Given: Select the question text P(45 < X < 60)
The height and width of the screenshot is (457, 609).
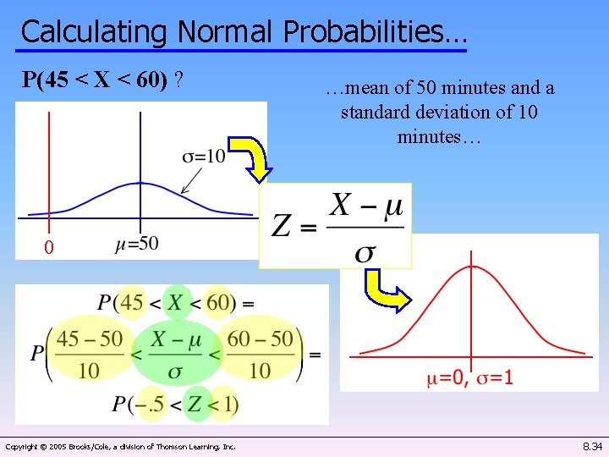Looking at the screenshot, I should pos(104,80).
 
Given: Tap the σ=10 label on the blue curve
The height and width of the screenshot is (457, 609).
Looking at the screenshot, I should pos(204,157).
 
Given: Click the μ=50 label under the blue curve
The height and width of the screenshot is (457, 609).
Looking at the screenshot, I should pos(136,244).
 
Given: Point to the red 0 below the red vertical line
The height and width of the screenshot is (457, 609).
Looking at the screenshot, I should pos(49,248).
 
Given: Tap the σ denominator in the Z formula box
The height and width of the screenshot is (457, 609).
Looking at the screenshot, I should pos(366,251).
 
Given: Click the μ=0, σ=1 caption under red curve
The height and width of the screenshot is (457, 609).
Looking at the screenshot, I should pos(469,377).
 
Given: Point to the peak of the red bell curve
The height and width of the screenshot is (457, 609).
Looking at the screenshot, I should pos(471,267).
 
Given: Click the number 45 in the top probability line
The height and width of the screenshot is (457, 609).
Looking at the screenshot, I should pos(131,302).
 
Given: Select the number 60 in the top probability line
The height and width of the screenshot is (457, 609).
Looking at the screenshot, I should pos(218,302).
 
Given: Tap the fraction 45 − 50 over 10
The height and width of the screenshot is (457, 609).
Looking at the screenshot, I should pos(88,354).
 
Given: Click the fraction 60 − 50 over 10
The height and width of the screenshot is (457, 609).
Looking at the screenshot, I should pos(261,354).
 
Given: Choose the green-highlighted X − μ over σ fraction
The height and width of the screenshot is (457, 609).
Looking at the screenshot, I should pos(175,354).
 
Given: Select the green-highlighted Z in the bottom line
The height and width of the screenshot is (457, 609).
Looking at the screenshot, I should pos(195,405).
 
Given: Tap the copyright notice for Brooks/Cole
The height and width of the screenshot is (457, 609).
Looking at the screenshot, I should pos(121,446).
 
